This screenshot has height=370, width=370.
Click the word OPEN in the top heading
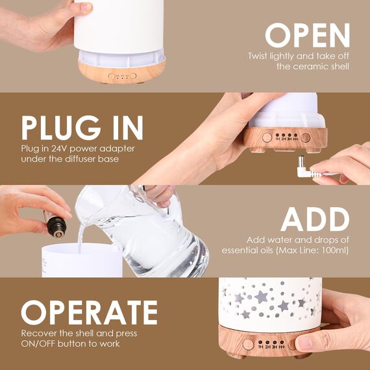point(307,35)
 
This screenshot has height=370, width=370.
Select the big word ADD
point(315,221)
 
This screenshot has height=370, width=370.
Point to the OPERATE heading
point(89,313)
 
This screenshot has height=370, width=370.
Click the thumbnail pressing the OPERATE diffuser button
point(304,343)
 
